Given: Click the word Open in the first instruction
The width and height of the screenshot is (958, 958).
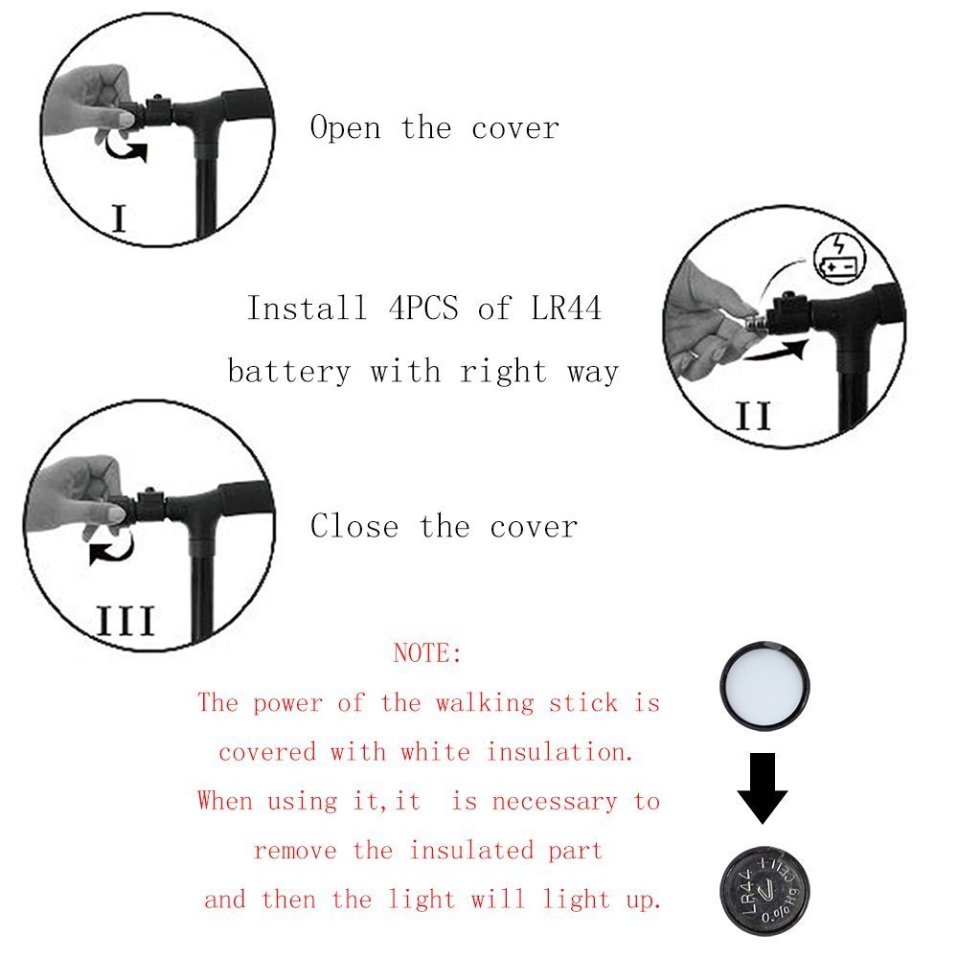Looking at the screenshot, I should click(345, 128).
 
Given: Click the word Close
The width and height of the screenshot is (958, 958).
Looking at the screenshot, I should click(354, 526).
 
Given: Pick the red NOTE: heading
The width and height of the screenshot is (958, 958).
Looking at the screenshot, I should click(427, 654).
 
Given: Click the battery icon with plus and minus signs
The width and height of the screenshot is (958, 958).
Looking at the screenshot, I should click(838, 257).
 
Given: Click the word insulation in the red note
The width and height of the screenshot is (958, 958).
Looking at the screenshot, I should click(559, 752).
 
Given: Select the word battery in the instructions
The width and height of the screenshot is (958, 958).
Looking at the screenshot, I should click(289, 371).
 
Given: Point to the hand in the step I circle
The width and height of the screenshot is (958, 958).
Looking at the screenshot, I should click(91, 101).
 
